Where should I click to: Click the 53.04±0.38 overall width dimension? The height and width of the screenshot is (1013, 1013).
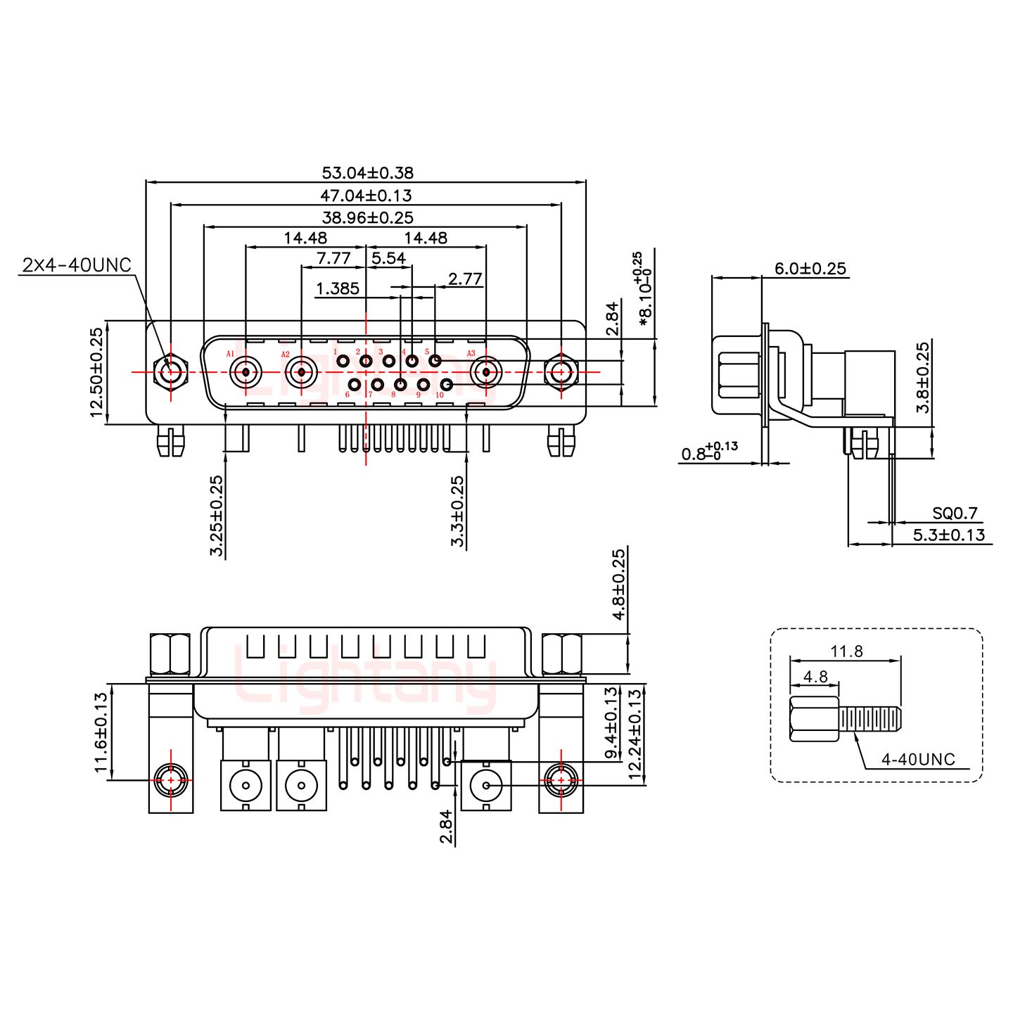click(x=367, y=172)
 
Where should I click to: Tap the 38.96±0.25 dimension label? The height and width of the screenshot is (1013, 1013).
click(x=367, y=217)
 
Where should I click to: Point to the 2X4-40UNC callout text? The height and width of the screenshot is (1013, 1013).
click(x=77, y=265)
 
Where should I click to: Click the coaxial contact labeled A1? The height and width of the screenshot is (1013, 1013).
click(x=246, y=371)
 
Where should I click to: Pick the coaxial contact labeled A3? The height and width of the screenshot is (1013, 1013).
click(x=485, y=371)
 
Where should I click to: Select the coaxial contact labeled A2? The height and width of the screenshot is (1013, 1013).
click(x=301, y=371)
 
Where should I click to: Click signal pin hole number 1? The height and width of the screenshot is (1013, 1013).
click(x=343, y=362)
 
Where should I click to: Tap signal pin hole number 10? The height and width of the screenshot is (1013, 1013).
click(x=446, y=385)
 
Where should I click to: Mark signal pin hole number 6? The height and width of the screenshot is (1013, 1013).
click(x=355, y=385)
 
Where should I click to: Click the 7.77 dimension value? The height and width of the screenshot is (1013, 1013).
click(x=333, y=258)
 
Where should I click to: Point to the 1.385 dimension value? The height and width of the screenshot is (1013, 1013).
click(x=338, y=288)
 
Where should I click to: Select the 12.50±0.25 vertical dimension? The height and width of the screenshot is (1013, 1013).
click(x=96, y=371)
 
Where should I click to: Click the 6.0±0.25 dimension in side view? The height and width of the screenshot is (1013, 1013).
click(x=810, y=268)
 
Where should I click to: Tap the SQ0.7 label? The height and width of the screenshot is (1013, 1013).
click(x=955, y=514)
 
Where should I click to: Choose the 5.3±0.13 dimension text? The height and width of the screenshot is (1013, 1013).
click(x=948, y=535)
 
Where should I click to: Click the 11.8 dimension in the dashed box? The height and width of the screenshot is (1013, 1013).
click(x=846, y=651)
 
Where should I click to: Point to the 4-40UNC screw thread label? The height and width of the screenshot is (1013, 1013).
click(x=918, y=759)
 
